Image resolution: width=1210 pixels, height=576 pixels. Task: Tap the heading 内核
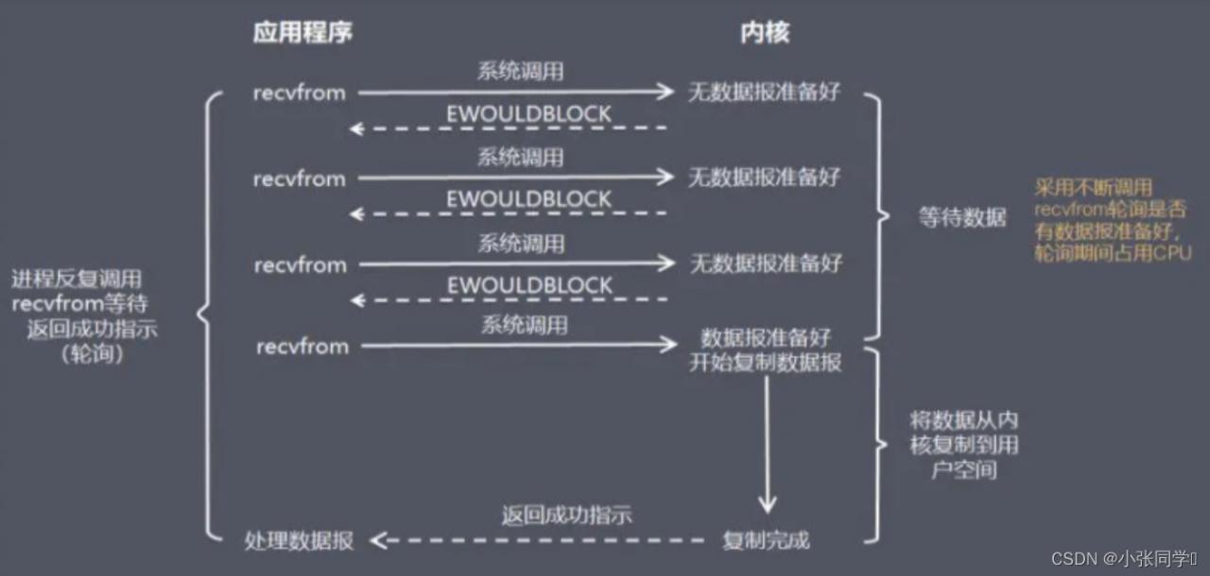pyautogui.click(x=764, y=34)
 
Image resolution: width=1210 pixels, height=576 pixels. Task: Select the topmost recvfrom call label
pyautogui.click(x=299, y=93)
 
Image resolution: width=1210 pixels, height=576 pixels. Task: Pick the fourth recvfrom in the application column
pyautogui.click(x=302, y=347)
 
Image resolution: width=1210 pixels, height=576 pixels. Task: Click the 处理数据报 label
pyautogui.click(x=299, y=541)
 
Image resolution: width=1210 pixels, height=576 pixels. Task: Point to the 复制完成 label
pyautogui.click(x=766, y=541)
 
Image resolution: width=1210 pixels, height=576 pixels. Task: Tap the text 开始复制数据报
pyautogui.click(x=765, y=363)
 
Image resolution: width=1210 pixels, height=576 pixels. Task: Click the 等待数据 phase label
pyautogui.click(x=962, y=217)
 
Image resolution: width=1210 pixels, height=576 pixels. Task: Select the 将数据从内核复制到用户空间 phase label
pyautogui.click(x=963, y=444)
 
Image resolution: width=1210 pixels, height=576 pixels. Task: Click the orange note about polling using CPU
pyautogui.click(x=1112, y=221)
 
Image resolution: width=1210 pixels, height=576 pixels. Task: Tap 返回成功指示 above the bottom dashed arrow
pyautogui.click(x=566, y=516)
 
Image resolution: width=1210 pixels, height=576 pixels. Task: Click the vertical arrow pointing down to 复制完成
pyautogui.click(x=766, y=444)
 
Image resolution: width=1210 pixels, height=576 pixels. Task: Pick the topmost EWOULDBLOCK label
pyautogui.click(x=528, y=115)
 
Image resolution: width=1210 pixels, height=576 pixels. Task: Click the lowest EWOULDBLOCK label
pyautogui.click(x=529, y=285)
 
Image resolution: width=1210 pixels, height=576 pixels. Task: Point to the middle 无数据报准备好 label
pyautogui.click(x=764, y=178)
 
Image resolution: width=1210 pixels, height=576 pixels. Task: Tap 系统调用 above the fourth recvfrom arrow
pyautogui.click(x=524, y=326)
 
